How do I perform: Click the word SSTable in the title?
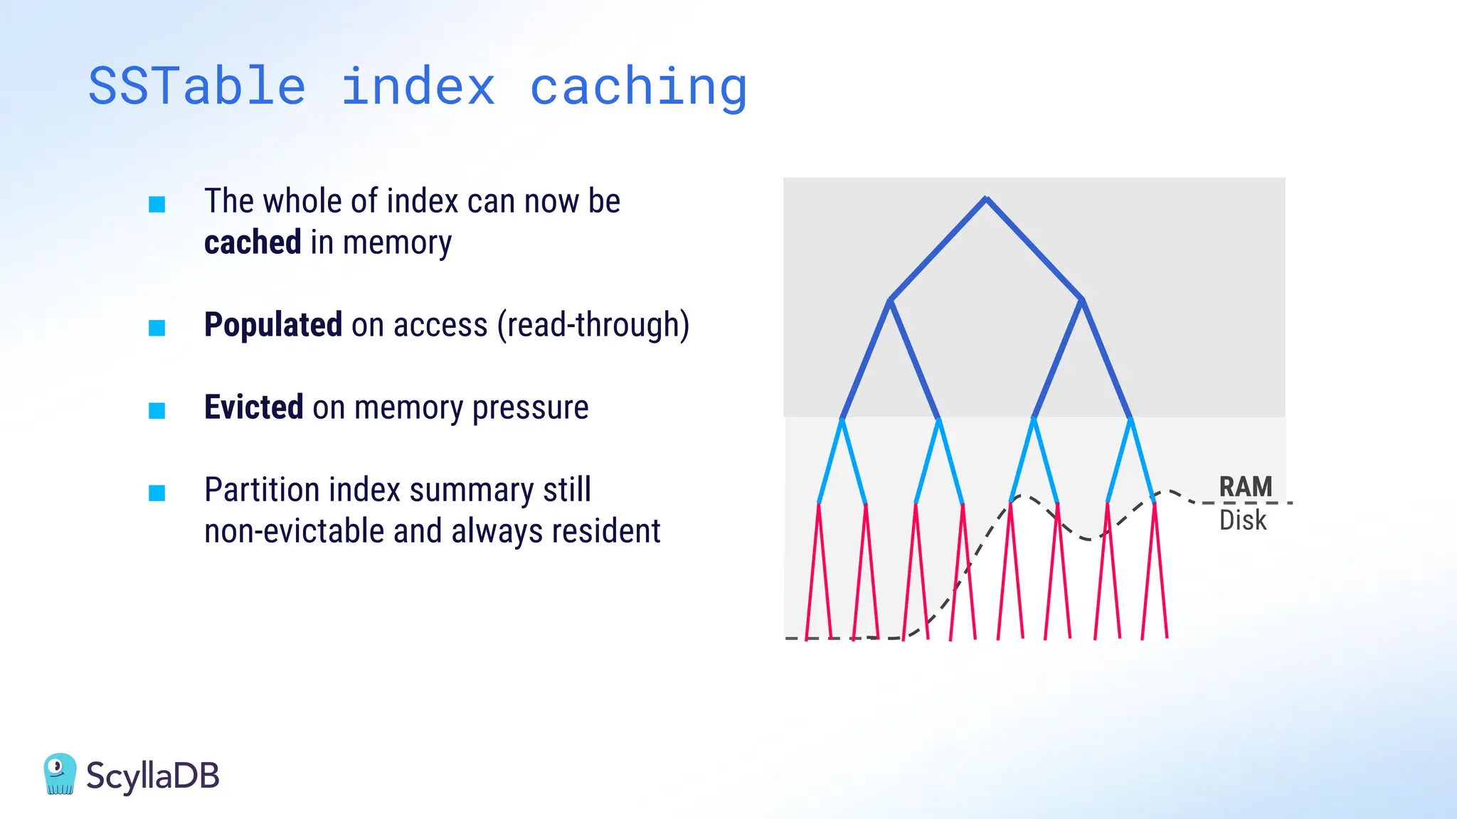[197, 87]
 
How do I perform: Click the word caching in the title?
[638, 87]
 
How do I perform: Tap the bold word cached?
[253, 242]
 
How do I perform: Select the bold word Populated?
[273, 325]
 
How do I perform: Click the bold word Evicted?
[254, 407]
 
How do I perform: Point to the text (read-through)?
[593, 325]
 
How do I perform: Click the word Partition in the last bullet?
[262, 490]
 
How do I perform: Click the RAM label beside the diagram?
[1245, 487]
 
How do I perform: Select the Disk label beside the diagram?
[1243, 520]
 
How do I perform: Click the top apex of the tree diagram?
[986, 198]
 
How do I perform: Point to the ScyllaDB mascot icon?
[60, 774]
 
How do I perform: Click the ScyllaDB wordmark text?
[153, 776]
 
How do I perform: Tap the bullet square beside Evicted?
[157, 410]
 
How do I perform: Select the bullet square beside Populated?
[157, 328]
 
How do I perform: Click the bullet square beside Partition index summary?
[157, 493]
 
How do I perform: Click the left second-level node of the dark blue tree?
[889, 300]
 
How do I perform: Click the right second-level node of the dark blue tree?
[1081, 300]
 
